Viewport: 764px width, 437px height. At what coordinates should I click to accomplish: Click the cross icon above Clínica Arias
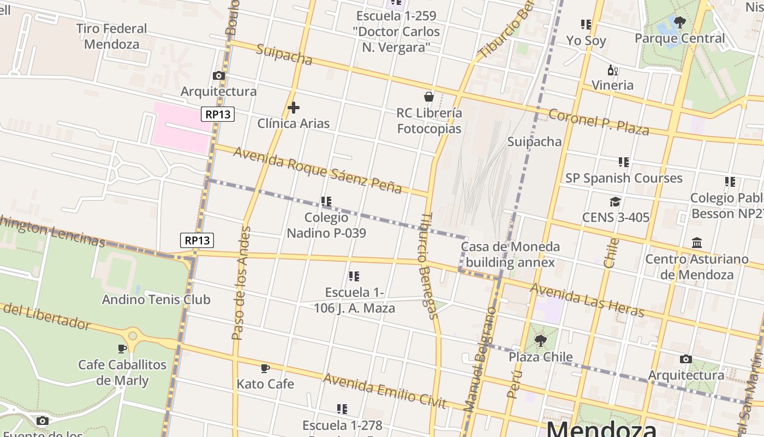click(293, 108)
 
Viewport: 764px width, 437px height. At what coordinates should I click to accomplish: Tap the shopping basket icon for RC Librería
click(429, 97)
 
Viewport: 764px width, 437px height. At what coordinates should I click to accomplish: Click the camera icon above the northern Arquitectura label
click(219, 75)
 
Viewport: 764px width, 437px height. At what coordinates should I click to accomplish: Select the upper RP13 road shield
click(218, 114)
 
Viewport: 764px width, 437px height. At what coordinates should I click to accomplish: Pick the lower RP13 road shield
click(197, 240)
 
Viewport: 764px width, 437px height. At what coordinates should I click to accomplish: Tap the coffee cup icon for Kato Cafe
click(265, 369)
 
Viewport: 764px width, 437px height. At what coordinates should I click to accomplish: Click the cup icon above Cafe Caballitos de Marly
click(122, 349)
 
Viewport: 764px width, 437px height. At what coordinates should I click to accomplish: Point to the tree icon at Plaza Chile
click(540, 341)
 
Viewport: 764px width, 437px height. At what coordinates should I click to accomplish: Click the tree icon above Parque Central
click(679, 22)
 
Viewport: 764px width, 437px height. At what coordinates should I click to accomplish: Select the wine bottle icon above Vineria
click(612, 70)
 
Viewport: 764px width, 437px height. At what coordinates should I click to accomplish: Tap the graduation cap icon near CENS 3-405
click(615, 202)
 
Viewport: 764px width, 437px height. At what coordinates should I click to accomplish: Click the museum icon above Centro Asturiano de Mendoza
click(697, 243)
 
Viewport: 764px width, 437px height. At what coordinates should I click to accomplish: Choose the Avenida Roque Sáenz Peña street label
click(318, 170)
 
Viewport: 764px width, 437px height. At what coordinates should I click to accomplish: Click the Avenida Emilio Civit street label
click(385, 390)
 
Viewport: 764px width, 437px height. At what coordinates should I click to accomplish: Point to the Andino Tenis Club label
click(156, 299)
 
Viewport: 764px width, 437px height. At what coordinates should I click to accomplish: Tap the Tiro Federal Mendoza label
click(112, 36)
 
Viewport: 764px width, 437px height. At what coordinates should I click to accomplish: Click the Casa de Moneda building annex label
click(510, 255)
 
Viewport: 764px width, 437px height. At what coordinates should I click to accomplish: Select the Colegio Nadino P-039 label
click(326, 225)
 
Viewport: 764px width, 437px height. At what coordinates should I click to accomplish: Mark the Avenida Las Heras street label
click(587, 299)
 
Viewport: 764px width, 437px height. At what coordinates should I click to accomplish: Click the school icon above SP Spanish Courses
click(624, 162)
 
